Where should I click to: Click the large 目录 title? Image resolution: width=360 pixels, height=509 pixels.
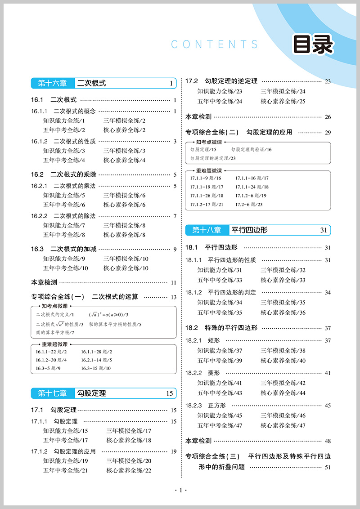tap(313, 44)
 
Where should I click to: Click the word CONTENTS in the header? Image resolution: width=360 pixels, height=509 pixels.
tap(215, 44)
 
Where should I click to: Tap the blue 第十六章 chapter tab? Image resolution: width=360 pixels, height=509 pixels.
tap(52, 83)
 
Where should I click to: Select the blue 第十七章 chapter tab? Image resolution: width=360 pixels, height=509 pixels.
tap(52, 393)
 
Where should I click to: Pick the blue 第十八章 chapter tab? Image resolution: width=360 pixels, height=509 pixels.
tap(207, 230)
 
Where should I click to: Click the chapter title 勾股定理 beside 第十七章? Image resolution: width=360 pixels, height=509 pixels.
tap(92, 393)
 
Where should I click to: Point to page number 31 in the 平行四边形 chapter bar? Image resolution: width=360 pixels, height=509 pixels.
tap(324, 230)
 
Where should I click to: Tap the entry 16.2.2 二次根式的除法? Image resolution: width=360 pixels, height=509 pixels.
tap(63, 216)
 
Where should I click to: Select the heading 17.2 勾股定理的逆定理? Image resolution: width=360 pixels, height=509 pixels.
tap(221, 81)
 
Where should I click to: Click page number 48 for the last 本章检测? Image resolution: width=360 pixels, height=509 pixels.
tap(328, 441)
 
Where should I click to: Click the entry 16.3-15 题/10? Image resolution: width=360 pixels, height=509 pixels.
tap(96, 368)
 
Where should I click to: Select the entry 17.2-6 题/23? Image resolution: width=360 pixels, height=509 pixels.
tap(249, 205)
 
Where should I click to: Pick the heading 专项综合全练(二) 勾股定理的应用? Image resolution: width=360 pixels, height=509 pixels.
tap(239, 132)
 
